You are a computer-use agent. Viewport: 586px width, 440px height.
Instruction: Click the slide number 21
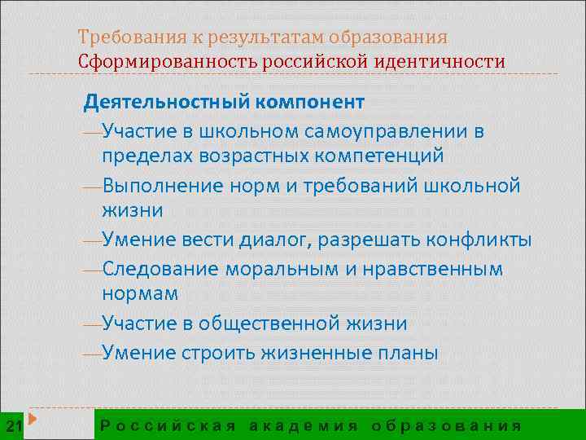[13, 425]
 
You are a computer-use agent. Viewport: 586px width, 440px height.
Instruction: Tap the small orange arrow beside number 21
[34, 420]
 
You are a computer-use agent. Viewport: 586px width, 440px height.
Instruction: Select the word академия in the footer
[303, 425]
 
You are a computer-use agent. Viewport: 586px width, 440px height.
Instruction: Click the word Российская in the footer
[168, 425]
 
